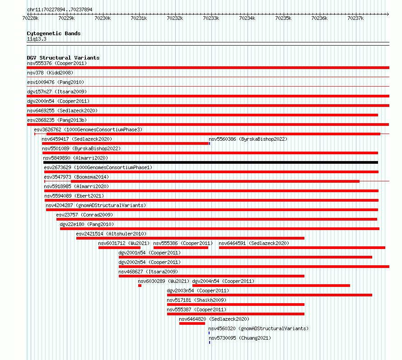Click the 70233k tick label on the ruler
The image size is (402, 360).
click(x=211, y=18)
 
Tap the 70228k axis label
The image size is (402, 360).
click(x=30, y=18)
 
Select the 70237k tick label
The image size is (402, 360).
click(x=355, y=18)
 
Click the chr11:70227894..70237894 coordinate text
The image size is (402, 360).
click(x=60, y=9)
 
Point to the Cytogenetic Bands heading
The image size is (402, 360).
click(x=54, y=33)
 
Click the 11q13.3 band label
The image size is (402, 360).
click(x=37, y=39)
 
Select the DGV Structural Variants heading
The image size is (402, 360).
click(x=63, y=58)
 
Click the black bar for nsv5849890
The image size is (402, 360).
click(x=211, y=162)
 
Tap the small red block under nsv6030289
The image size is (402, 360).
click(x=140, y=286)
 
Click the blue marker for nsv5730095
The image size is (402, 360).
click(x=210, y=342)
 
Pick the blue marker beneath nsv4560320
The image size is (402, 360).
click(x=209, y=333)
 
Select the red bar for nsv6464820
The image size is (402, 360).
click(x=192, y=323)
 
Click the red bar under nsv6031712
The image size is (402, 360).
click(x=120, y=248)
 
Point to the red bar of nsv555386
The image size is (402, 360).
click(x=181, y=248)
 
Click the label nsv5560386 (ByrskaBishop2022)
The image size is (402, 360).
click(x=248, y=139)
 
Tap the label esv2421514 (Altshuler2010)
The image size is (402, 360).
click(x=111, y=234)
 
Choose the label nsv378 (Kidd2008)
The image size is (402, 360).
click(x=50, y=73)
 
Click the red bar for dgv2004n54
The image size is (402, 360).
click(x=271, y=286)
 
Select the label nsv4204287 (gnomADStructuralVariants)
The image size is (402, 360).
click(x=96, y=205)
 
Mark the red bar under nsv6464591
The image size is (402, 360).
click(x=302, y=248)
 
